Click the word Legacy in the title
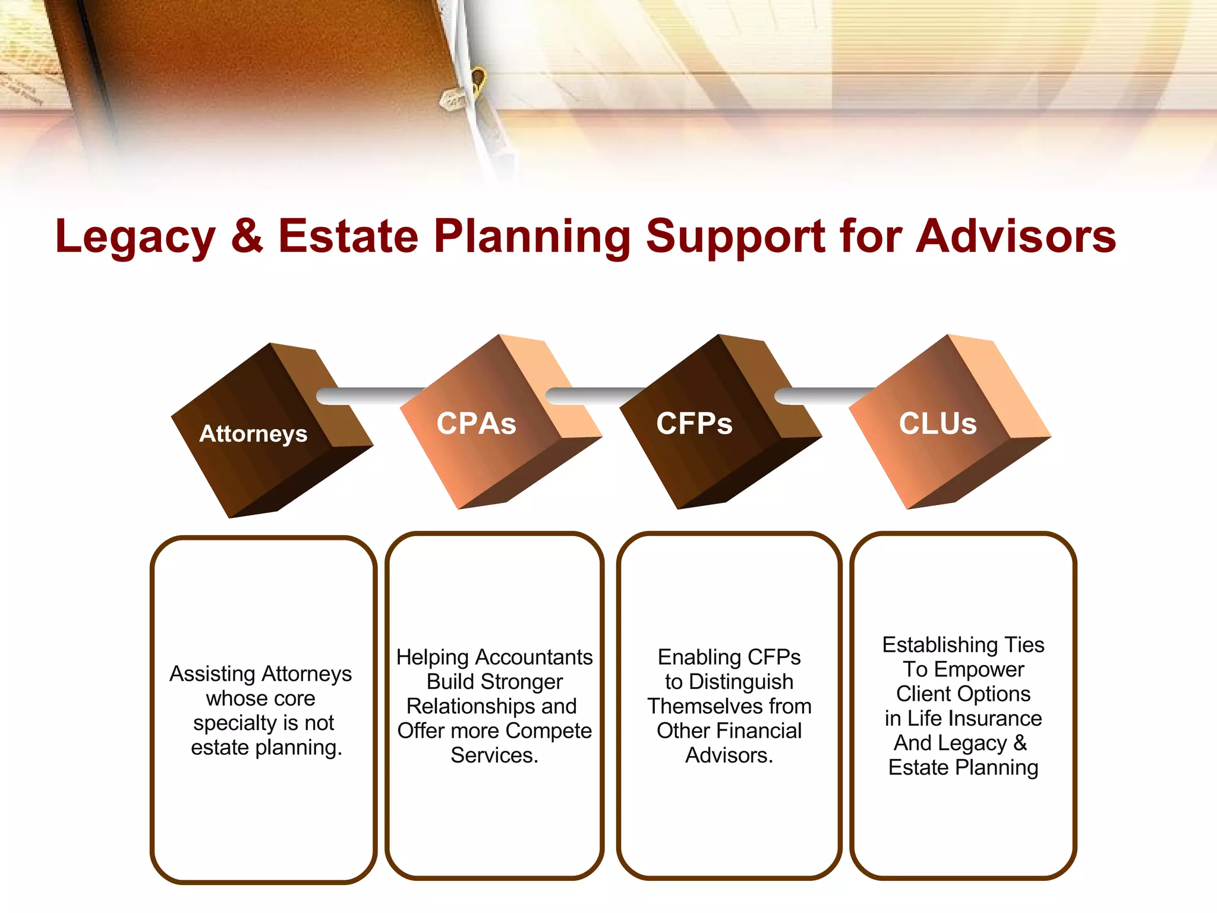[x=135, y=237]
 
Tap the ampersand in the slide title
[x=247, y=235]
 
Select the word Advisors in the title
[x=1016, y=236]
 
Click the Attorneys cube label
[x=253, y=434]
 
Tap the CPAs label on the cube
[x=476, y=424]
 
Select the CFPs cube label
[x=694, y=424]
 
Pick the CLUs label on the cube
[x=938, y=424]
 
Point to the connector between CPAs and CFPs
[x=594, y=396]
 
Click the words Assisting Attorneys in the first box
[x=261, y=673]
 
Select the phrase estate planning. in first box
[x=266, y=747]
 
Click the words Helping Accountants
[x=494, y=657]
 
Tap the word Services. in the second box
[x=494, y=755]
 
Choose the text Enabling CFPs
[x=729, y=657]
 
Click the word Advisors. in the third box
[x=729, y=755]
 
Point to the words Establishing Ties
[x=963, y=644]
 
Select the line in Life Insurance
[x=963, y=718]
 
